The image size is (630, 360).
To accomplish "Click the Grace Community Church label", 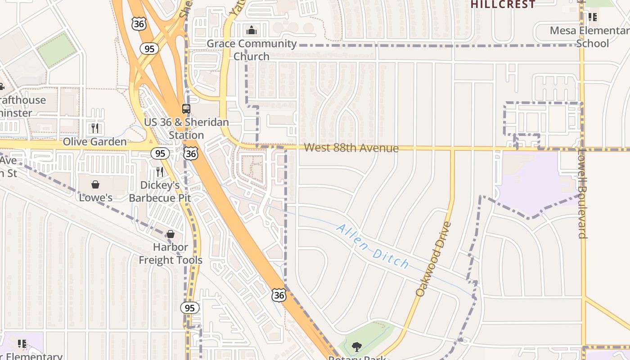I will tap(252, 50).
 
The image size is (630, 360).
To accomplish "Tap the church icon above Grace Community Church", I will tap(251, 30).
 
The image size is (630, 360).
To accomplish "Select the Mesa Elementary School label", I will tap(589, 37).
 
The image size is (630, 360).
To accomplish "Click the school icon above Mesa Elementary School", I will tap(593, 17).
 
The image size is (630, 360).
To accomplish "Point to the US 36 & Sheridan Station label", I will tap(186, 129).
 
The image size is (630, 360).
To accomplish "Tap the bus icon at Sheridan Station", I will tap(186, 108).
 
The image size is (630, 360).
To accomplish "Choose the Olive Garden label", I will tap(94, 142).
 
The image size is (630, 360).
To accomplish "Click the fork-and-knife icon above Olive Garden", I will tap(94, 128).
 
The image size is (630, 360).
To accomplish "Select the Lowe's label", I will tap(95, 198).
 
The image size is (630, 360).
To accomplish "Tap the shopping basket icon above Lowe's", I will tap(95, 184).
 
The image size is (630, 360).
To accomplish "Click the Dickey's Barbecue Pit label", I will tap(160, 192).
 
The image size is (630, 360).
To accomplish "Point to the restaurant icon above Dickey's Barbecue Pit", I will tap(159, 171).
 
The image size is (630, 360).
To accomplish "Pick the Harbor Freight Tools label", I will tap(171, 253).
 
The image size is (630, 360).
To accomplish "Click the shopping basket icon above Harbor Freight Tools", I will tap(171, 234).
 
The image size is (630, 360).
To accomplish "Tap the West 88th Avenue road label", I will tap(351, 148).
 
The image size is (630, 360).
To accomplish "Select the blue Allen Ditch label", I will tap(373, 247).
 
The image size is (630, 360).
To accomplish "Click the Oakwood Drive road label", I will tap(433, 259).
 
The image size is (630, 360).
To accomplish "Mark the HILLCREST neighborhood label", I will tap(503, 4).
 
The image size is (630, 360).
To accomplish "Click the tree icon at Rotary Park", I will tap(357, 346).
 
